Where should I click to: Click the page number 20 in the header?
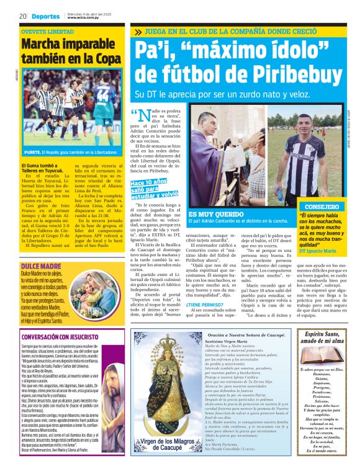(x=22, y=16)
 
